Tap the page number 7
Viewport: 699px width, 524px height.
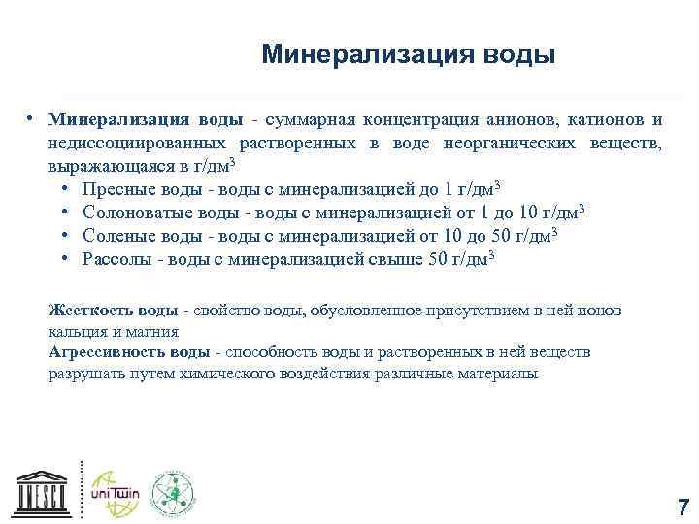click(x=683, y=508)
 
